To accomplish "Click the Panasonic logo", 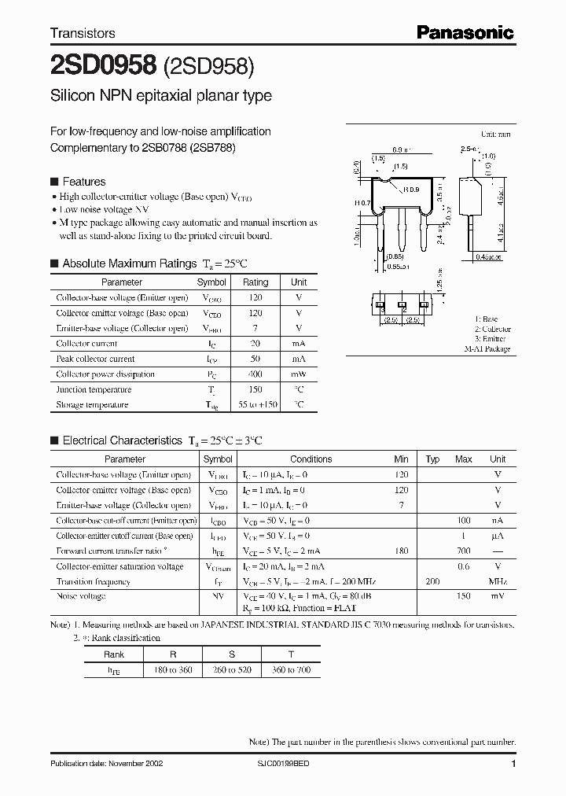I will (465, 32).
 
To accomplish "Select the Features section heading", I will (83, 182).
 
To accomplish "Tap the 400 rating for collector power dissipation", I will (255, 374).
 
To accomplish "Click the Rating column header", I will (255, 282).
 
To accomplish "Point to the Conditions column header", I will (311, 459).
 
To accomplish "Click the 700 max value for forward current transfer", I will (463, 551).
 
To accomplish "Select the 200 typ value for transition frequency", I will (432, 582).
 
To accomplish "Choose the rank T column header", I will (290, 654).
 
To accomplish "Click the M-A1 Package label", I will (487, 348).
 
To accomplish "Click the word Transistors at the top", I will (83, 33).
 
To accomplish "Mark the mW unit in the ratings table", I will (299, 374).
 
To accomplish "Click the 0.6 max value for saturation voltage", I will (463, 566).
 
